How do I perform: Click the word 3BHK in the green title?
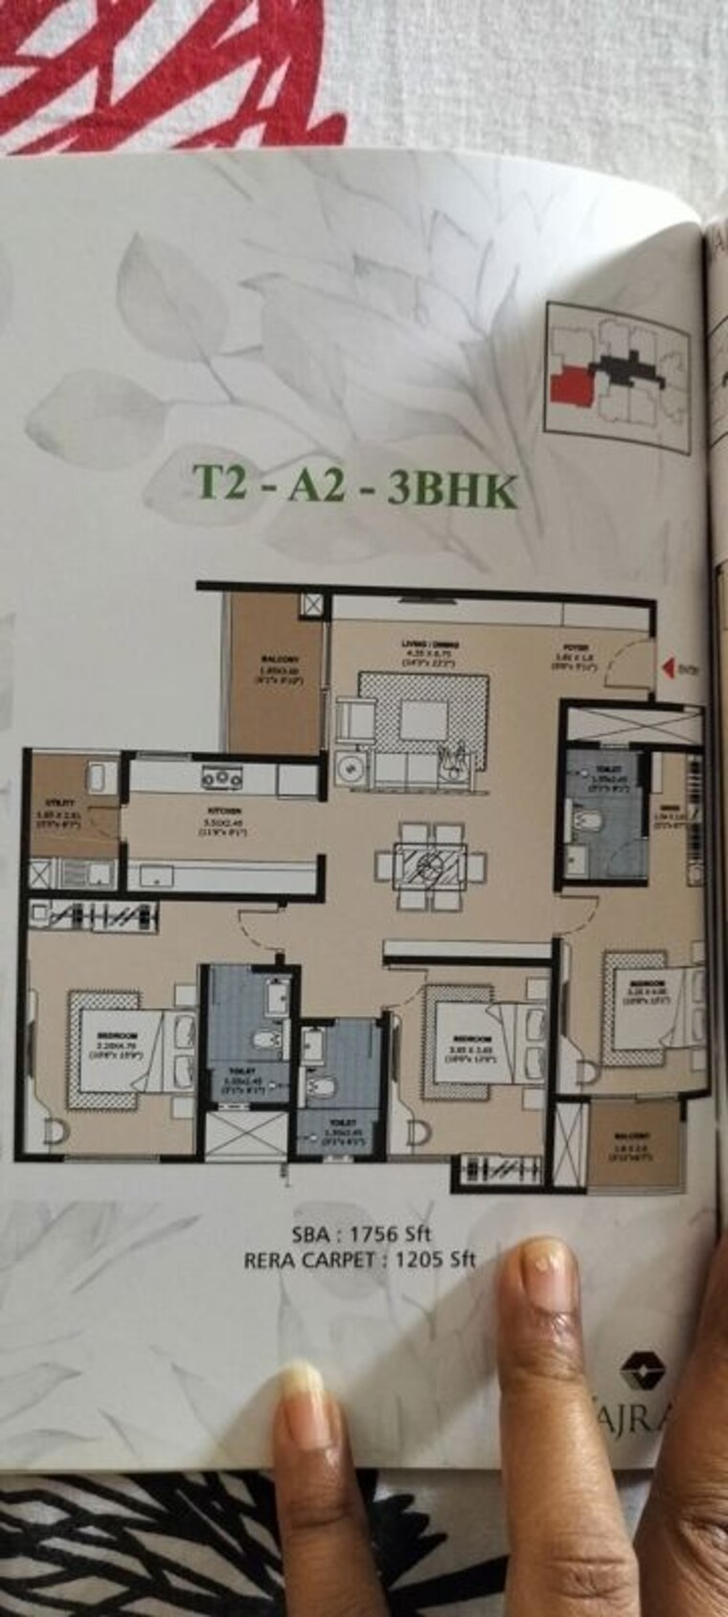[453, 492]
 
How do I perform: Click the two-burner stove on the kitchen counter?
[221, 779]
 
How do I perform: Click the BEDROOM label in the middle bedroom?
[473, 1039]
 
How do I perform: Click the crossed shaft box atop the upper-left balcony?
[312, 605]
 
